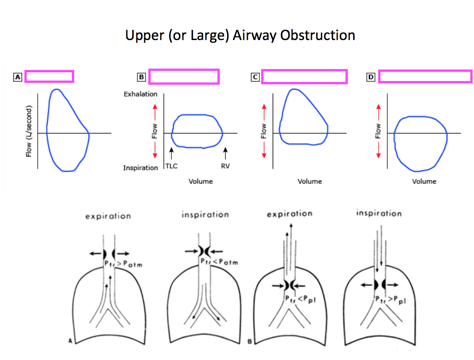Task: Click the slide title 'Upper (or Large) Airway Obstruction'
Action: [240, 35]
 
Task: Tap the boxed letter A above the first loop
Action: [18, 77]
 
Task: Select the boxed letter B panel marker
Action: [141, 77]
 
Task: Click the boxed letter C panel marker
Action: [255, 77]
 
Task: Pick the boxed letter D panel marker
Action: [371, 77]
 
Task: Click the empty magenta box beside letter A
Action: [49, 76]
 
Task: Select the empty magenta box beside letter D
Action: [425, 76]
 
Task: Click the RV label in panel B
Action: [225, 166]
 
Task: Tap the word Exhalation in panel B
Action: [140, 94]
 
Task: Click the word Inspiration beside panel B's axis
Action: [140, 168]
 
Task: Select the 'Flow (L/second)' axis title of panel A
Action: [29, 131]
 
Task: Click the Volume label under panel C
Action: [310, 181]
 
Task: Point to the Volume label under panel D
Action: [424, 181]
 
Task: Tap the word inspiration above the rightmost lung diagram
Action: [379, 213]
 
